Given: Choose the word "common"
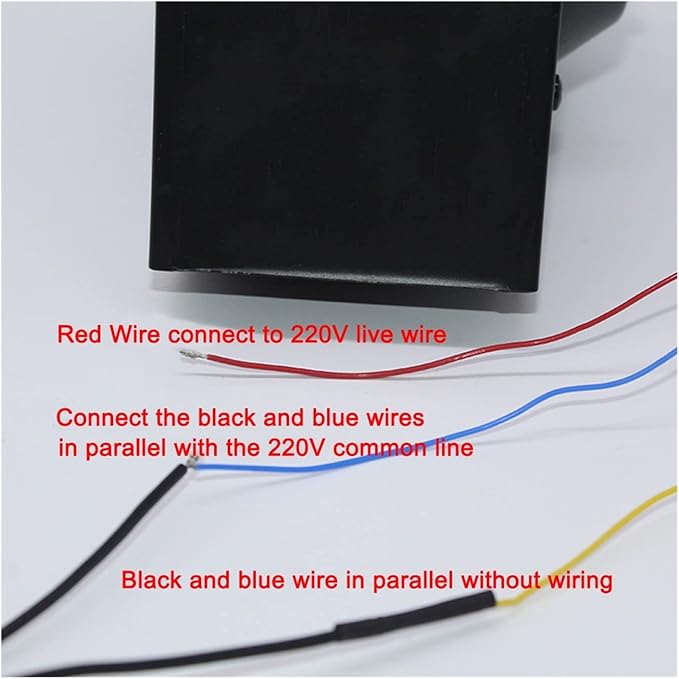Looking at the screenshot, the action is point(380,448).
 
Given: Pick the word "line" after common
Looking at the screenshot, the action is point(453,448).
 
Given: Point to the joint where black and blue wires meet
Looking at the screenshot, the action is point(192,463).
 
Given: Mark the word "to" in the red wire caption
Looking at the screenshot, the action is point(271,335).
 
